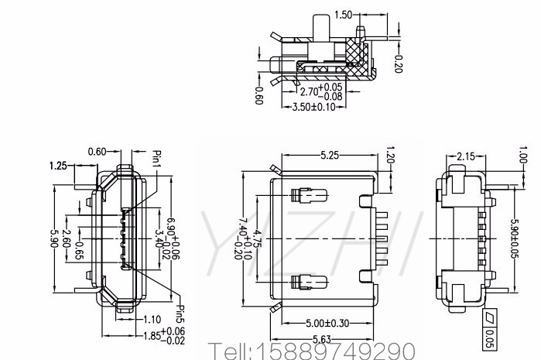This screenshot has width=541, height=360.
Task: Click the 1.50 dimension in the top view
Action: coord(344,15)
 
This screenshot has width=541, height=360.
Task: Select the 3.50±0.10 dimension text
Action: coord(313,107)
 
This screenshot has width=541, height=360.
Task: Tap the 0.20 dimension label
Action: coord(398,63)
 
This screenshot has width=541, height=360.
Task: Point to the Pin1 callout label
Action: coord(157,159)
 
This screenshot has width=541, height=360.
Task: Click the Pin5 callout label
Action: coord(180,314)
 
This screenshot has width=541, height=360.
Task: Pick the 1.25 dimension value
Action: coord(58,166)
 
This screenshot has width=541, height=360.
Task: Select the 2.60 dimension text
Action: coord(66,238)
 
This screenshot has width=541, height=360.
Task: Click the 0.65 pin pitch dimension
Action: coord(79,251)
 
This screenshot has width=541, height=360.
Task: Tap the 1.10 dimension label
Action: coord(152,319)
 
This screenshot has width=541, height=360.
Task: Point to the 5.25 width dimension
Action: coord(330,156)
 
